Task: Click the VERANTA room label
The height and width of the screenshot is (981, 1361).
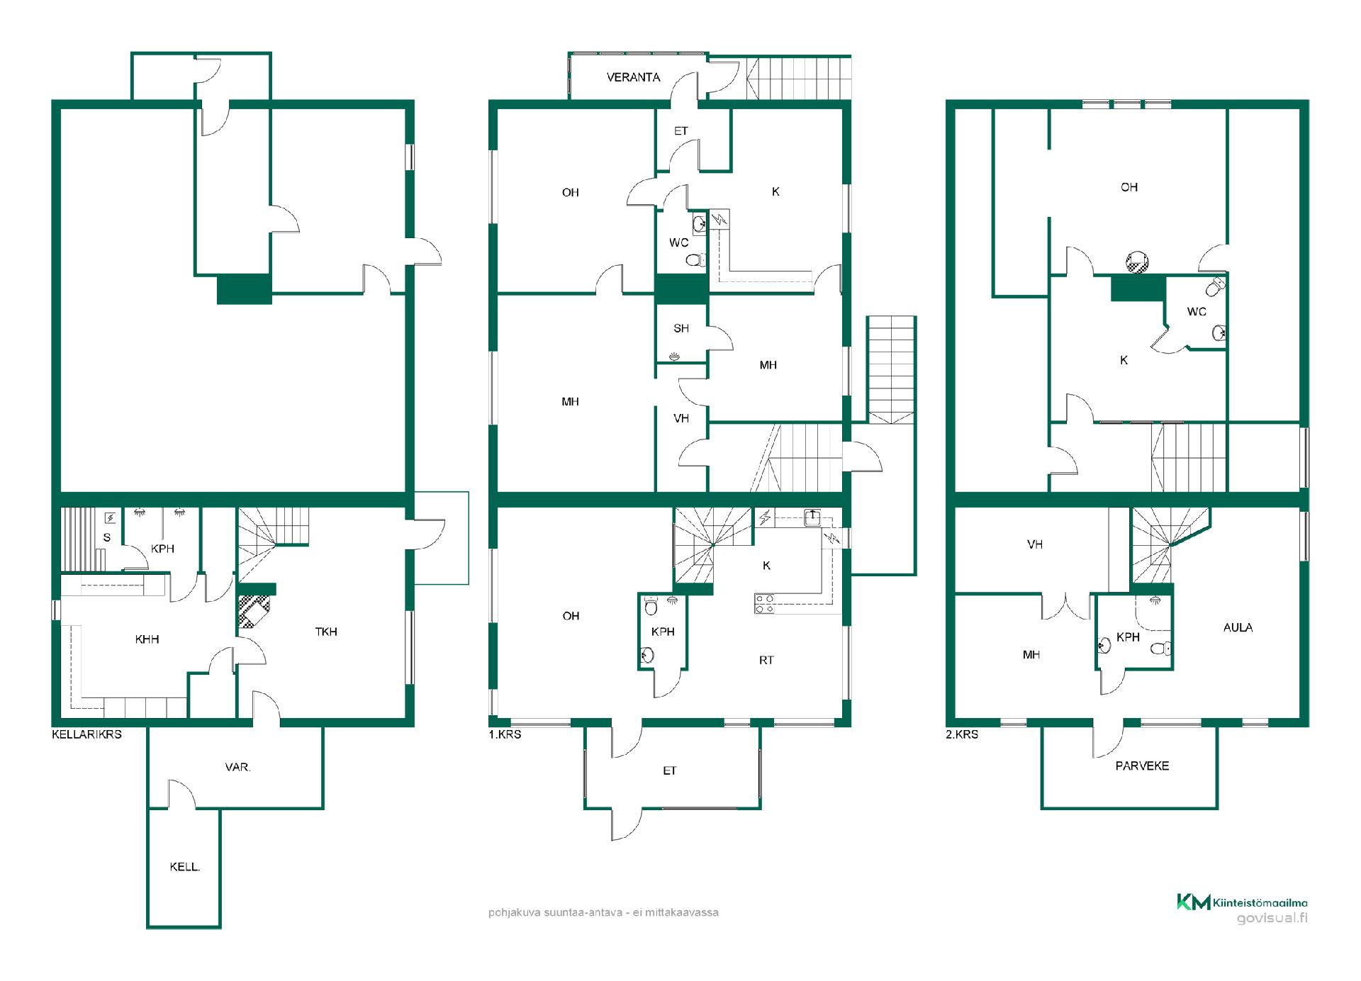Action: coord(633,77)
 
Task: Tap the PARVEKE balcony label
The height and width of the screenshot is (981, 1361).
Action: coord(1142,766)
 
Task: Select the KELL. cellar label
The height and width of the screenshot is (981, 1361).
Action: coord(184,866)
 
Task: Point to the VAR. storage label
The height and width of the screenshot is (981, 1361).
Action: coord(237,767)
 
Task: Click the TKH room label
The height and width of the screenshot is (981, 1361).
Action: coord(326,632)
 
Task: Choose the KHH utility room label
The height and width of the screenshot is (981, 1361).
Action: coord(147,639)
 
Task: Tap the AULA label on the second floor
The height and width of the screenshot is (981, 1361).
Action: coord(1238,627)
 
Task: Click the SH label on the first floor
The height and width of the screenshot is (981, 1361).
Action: coord(681,328)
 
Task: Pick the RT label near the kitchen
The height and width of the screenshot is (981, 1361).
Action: coord(766,660)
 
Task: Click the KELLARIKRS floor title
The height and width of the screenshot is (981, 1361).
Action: coord(86,734)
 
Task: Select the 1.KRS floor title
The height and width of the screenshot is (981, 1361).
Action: coord(505,734)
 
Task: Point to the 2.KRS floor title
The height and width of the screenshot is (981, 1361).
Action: coord(962,734)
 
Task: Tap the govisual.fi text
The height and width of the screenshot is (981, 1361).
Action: coord(1272,919)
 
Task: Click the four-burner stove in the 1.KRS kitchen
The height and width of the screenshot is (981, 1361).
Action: coord(764,603)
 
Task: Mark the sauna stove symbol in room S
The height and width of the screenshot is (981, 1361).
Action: coord(110,518)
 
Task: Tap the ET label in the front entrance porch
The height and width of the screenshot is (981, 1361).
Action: coord(670,770)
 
